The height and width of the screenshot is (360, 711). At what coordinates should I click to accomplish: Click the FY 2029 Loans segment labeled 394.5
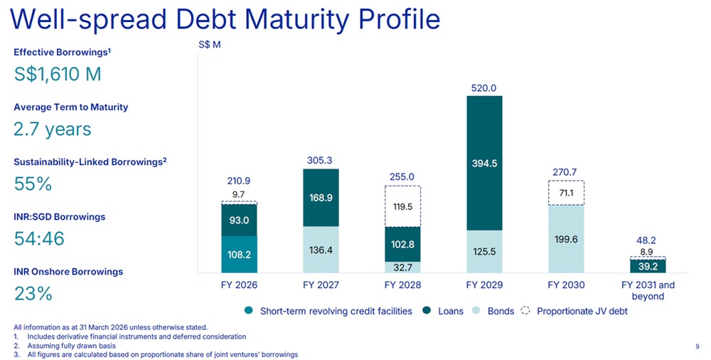pos(484,163)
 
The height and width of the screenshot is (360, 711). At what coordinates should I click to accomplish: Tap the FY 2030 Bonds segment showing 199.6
pos(566,239)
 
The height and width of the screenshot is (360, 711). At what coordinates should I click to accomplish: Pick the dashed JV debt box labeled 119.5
pos(402,206)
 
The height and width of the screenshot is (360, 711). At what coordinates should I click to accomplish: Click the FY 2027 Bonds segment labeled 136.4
pos(321,250)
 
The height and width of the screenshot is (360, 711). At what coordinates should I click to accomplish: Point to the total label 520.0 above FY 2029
pos(484,88)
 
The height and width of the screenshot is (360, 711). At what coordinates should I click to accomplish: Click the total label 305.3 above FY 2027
pos(321,161)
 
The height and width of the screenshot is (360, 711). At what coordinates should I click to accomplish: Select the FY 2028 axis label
pos(402,286)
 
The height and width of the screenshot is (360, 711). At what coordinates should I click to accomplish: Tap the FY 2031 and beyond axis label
pos(648,291)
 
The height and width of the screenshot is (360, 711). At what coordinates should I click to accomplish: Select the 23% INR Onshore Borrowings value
pos(33,293)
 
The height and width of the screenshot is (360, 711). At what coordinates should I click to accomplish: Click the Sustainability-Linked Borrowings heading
pos(90,162)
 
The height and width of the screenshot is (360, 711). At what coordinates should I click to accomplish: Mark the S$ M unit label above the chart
pos(209,45)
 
